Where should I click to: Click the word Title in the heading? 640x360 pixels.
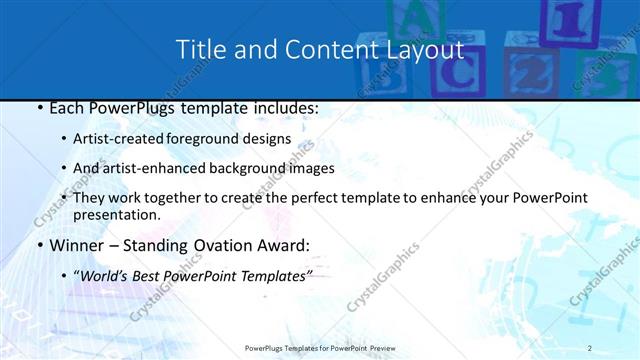click(x=199, y=50)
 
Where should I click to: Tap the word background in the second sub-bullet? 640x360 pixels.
click(x=245, y=169)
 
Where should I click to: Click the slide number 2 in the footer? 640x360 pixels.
click(x=590, y=348)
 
